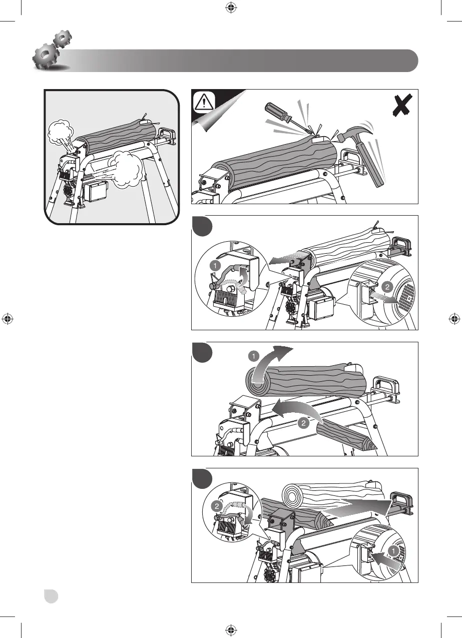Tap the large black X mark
[x=403, y=107]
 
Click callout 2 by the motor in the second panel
[x=386, y=287]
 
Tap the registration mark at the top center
[x=231, y=7]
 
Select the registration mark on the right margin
[x=454, y=319]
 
